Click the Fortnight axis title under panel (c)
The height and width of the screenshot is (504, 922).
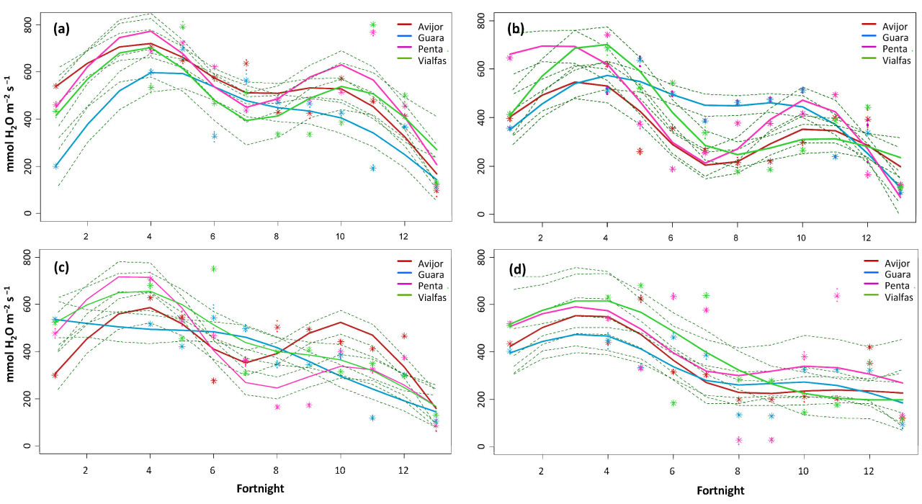click(261, 488)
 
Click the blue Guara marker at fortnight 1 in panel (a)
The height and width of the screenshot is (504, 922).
click(56, 166)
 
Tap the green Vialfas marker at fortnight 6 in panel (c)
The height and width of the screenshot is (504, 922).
click(214, 269)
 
